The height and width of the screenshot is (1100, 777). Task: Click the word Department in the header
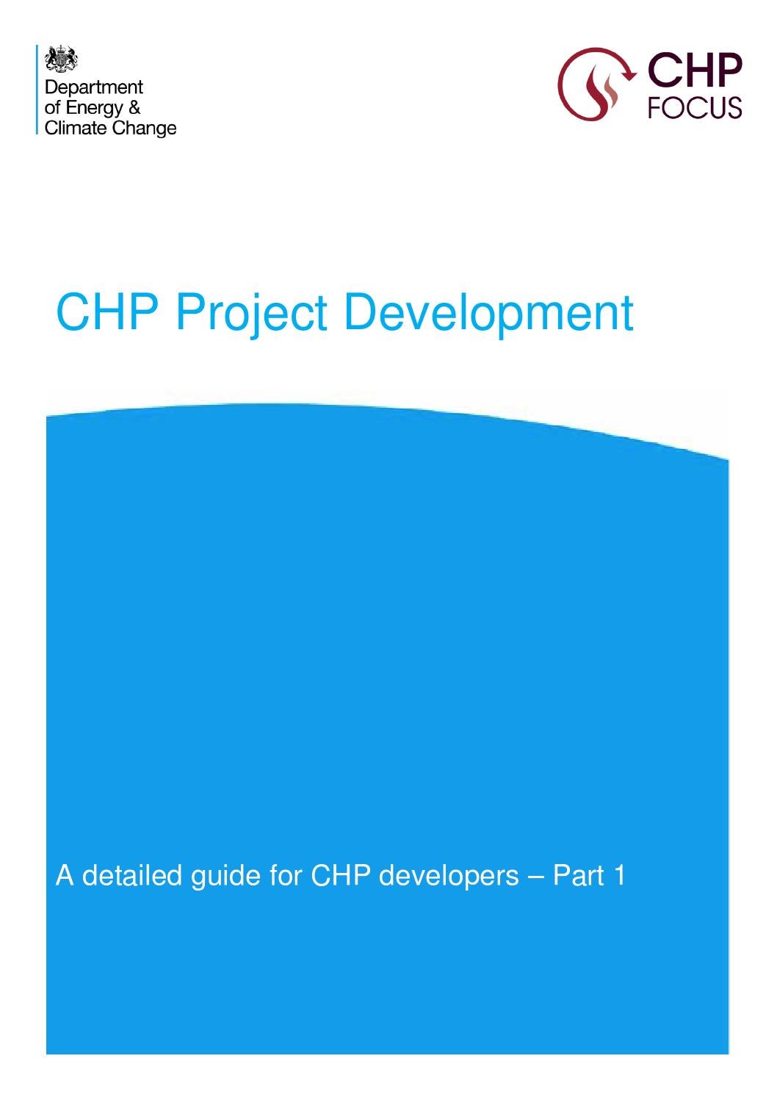[x=94, y=87]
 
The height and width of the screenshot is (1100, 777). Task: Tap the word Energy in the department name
[x=94, y=108]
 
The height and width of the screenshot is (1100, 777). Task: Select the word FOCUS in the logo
[x=694, y=107]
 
